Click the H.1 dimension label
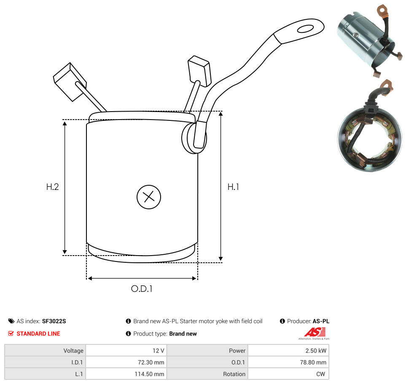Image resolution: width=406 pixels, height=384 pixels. [233, 187]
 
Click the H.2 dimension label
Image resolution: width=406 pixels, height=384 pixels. [52, 187]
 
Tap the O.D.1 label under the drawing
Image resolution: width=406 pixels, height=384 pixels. [142, 288]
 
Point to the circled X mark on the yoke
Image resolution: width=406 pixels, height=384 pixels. [149, 197]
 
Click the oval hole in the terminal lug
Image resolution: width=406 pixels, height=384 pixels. [306, 29]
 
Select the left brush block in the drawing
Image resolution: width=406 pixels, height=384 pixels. [70, 81]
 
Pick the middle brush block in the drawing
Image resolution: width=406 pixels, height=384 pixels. [199, 71]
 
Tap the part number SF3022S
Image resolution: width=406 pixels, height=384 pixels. [54, 321]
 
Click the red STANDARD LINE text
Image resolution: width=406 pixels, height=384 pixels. [38, 333]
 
